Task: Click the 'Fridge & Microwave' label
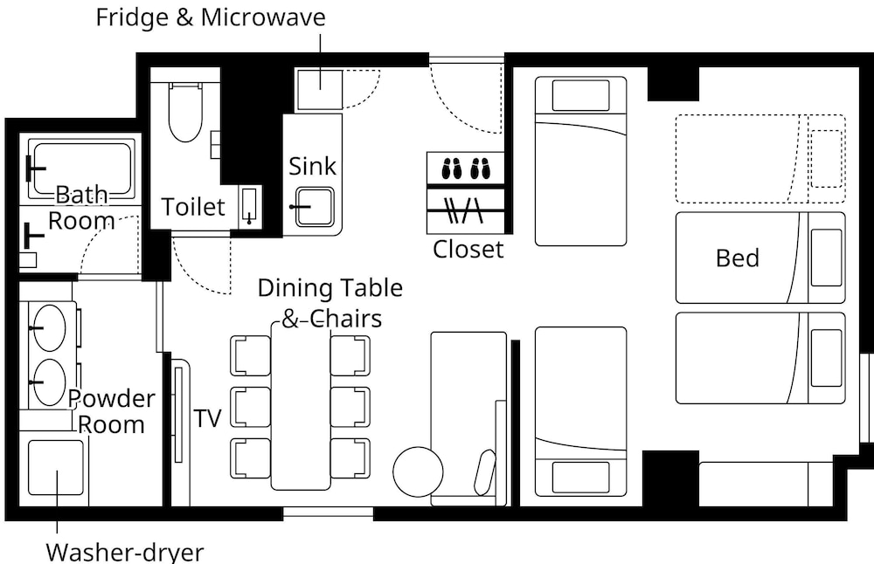click(211, 17)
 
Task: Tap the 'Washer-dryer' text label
click(125, 553)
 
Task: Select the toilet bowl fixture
click(185, 113)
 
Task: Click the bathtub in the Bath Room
click(81, 169)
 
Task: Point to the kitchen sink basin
click(315, 207)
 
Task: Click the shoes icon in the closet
click(466, 169)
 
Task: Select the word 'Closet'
click(468, 249)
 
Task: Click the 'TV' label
click(207, 418)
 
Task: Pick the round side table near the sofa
click(418, 471)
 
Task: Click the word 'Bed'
click(738, 258)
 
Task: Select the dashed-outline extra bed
click(760, 159)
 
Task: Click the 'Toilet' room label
click(193, 207)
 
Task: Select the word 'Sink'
click(312, 166)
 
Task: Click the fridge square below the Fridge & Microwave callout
click(319, 90)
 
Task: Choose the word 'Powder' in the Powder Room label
click(112, 399)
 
